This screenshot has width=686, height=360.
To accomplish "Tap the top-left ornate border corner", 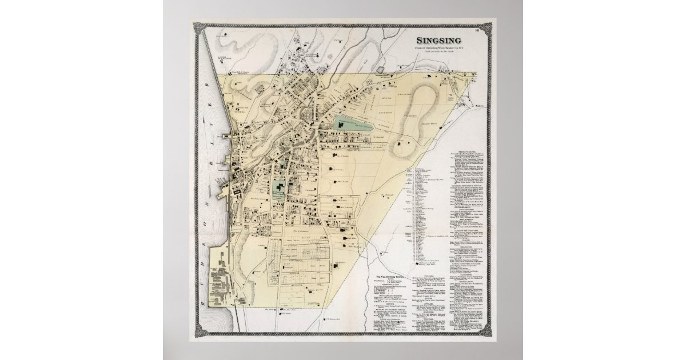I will point(198,27).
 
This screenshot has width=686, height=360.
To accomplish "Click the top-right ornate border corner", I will point(488,27).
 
